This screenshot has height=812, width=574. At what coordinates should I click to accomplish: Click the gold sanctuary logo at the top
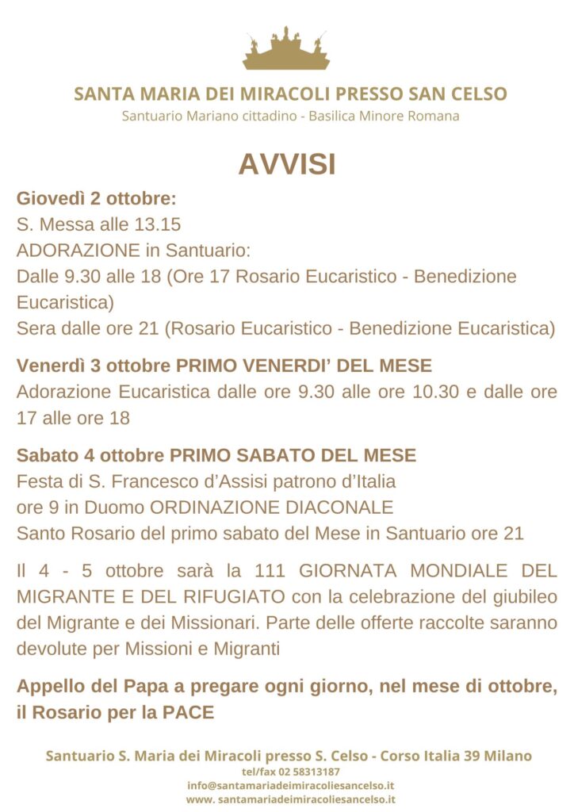pos(286,49)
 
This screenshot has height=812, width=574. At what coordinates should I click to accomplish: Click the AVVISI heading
pos(287,164)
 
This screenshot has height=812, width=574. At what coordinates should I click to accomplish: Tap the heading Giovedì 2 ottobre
pos(96,198)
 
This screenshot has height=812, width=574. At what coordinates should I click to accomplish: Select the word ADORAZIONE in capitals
pos(78,251)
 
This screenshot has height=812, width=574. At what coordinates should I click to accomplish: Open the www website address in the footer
pos(290,799)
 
